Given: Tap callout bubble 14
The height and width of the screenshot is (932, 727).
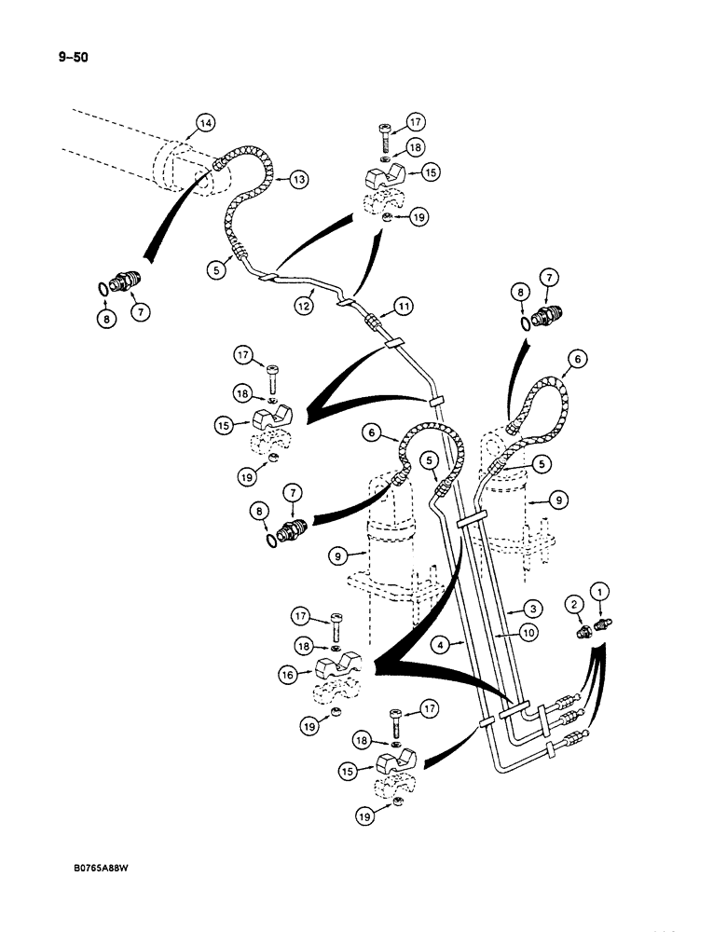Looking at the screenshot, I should [205, 122].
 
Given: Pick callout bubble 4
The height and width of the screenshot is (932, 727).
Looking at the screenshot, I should [441, 642].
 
